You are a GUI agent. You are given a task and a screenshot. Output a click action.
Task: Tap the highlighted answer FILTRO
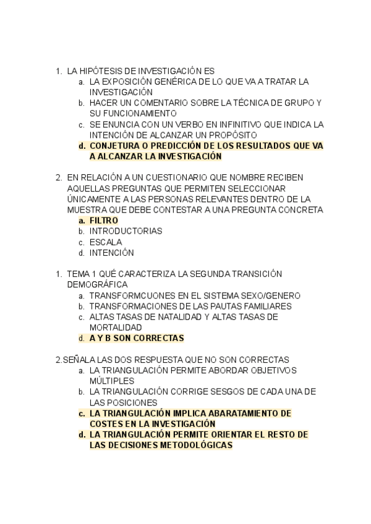(103, 221)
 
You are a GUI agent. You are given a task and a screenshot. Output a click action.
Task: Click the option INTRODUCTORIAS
(126, 231)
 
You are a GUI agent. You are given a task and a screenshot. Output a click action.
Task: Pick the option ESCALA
(106, 242)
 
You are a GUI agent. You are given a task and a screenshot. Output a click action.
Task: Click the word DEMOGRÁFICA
(96, 284)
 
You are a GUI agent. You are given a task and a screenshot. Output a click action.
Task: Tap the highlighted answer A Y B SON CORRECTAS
(137, 339)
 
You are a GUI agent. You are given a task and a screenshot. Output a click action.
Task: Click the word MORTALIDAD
(116, 327)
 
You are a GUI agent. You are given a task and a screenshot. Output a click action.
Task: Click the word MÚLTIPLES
(111, 381)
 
